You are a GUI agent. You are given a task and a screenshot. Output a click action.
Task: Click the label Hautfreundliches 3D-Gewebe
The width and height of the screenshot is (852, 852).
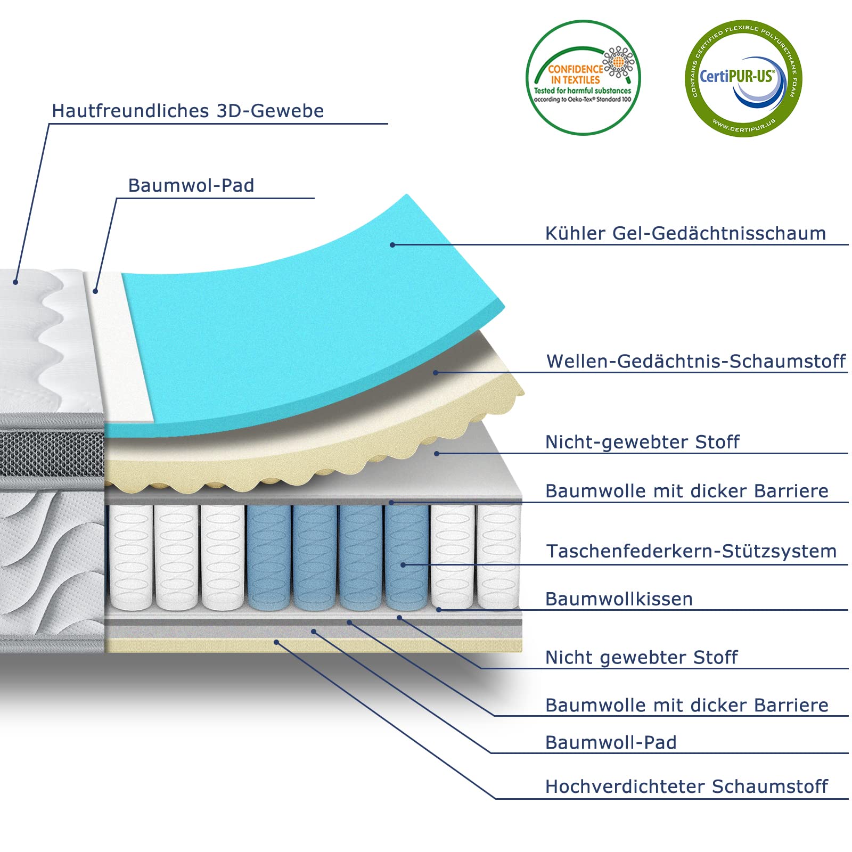[x=187, y=111]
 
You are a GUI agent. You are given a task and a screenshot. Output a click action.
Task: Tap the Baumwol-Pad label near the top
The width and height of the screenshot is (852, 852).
[x=191, y=185]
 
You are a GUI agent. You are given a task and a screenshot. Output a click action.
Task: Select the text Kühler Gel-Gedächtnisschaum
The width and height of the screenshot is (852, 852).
[x=685, y=233]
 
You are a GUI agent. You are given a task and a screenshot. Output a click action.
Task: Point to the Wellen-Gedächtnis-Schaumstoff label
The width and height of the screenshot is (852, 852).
[x=696, y=361]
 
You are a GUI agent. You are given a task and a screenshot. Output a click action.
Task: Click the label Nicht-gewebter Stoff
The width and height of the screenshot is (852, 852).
[x=642, y=442]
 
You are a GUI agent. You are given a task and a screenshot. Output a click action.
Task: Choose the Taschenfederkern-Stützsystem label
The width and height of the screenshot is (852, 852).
[x=691, y=551]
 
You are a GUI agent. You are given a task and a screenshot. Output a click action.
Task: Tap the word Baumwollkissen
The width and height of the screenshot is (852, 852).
[x=619, y=599]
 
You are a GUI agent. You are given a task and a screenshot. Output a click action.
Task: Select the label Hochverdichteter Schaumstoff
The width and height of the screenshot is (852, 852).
[x=686, y=787]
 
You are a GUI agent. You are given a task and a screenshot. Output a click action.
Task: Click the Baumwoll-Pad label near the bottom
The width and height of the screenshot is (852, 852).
[x=611, y=742]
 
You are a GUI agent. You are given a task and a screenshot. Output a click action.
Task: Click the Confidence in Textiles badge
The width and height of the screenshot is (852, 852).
[x=583, y=78]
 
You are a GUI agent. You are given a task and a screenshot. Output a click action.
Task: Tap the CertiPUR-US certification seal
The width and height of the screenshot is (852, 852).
[x=743, y=78]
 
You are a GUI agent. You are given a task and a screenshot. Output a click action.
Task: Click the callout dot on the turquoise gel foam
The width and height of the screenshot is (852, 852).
[x=392, y=245]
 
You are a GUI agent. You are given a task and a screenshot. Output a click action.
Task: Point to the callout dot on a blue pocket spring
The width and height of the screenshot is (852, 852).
[x=403, y=565]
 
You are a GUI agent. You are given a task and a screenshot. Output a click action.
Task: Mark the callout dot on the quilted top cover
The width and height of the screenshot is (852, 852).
[x=16, y=282]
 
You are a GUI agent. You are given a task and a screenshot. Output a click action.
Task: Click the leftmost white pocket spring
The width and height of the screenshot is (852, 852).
[x=130, y=557]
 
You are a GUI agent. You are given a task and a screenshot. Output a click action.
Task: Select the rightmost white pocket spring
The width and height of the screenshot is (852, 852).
[x=498, y=557]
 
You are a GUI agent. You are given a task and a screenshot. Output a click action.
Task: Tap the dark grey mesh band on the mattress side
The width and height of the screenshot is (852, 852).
[x=52, y=454]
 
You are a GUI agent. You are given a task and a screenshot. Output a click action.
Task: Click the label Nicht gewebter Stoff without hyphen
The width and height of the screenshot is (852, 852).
[x=641, y=658]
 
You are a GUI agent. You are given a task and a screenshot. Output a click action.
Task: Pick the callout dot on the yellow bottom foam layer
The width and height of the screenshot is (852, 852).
[x=276, y=642]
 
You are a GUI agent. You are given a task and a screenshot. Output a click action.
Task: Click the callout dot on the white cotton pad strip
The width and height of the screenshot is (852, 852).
[x=95, y=291]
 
